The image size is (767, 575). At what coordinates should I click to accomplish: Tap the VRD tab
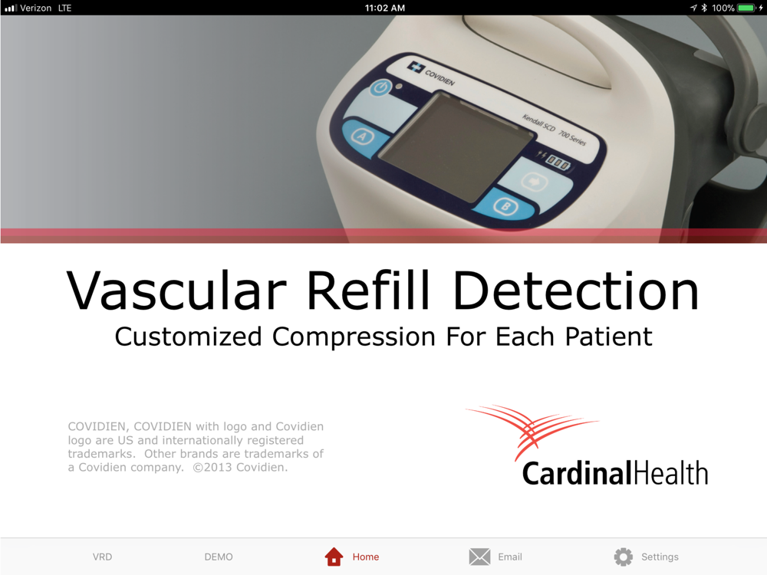(x=102, y=557)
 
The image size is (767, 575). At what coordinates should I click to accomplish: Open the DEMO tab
(x=219, y=557)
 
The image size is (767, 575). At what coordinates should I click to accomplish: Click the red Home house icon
(x=334, y=557)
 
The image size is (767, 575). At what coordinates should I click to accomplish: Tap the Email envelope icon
(x=479, y=557)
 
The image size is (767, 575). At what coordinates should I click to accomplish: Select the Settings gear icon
(x=623, y=557)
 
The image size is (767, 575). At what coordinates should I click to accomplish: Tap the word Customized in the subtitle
(x=189, y=337)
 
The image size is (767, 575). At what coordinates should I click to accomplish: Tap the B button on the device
(x=505, y=207)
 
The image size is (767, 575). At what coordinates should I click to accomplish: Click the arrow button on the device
(x=533, y=182)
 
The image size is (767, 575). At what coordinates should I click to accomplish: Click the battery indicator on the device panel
(x=558, y=162)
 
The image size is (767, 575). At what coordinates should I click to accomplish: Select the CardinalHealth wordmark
(x=615, y=473)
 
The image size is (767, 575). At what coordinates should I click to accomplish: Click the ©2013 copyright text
(x=239, y=468)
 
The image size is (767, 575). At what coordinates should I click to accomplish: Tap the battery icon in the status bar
(x=746, y=8)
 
